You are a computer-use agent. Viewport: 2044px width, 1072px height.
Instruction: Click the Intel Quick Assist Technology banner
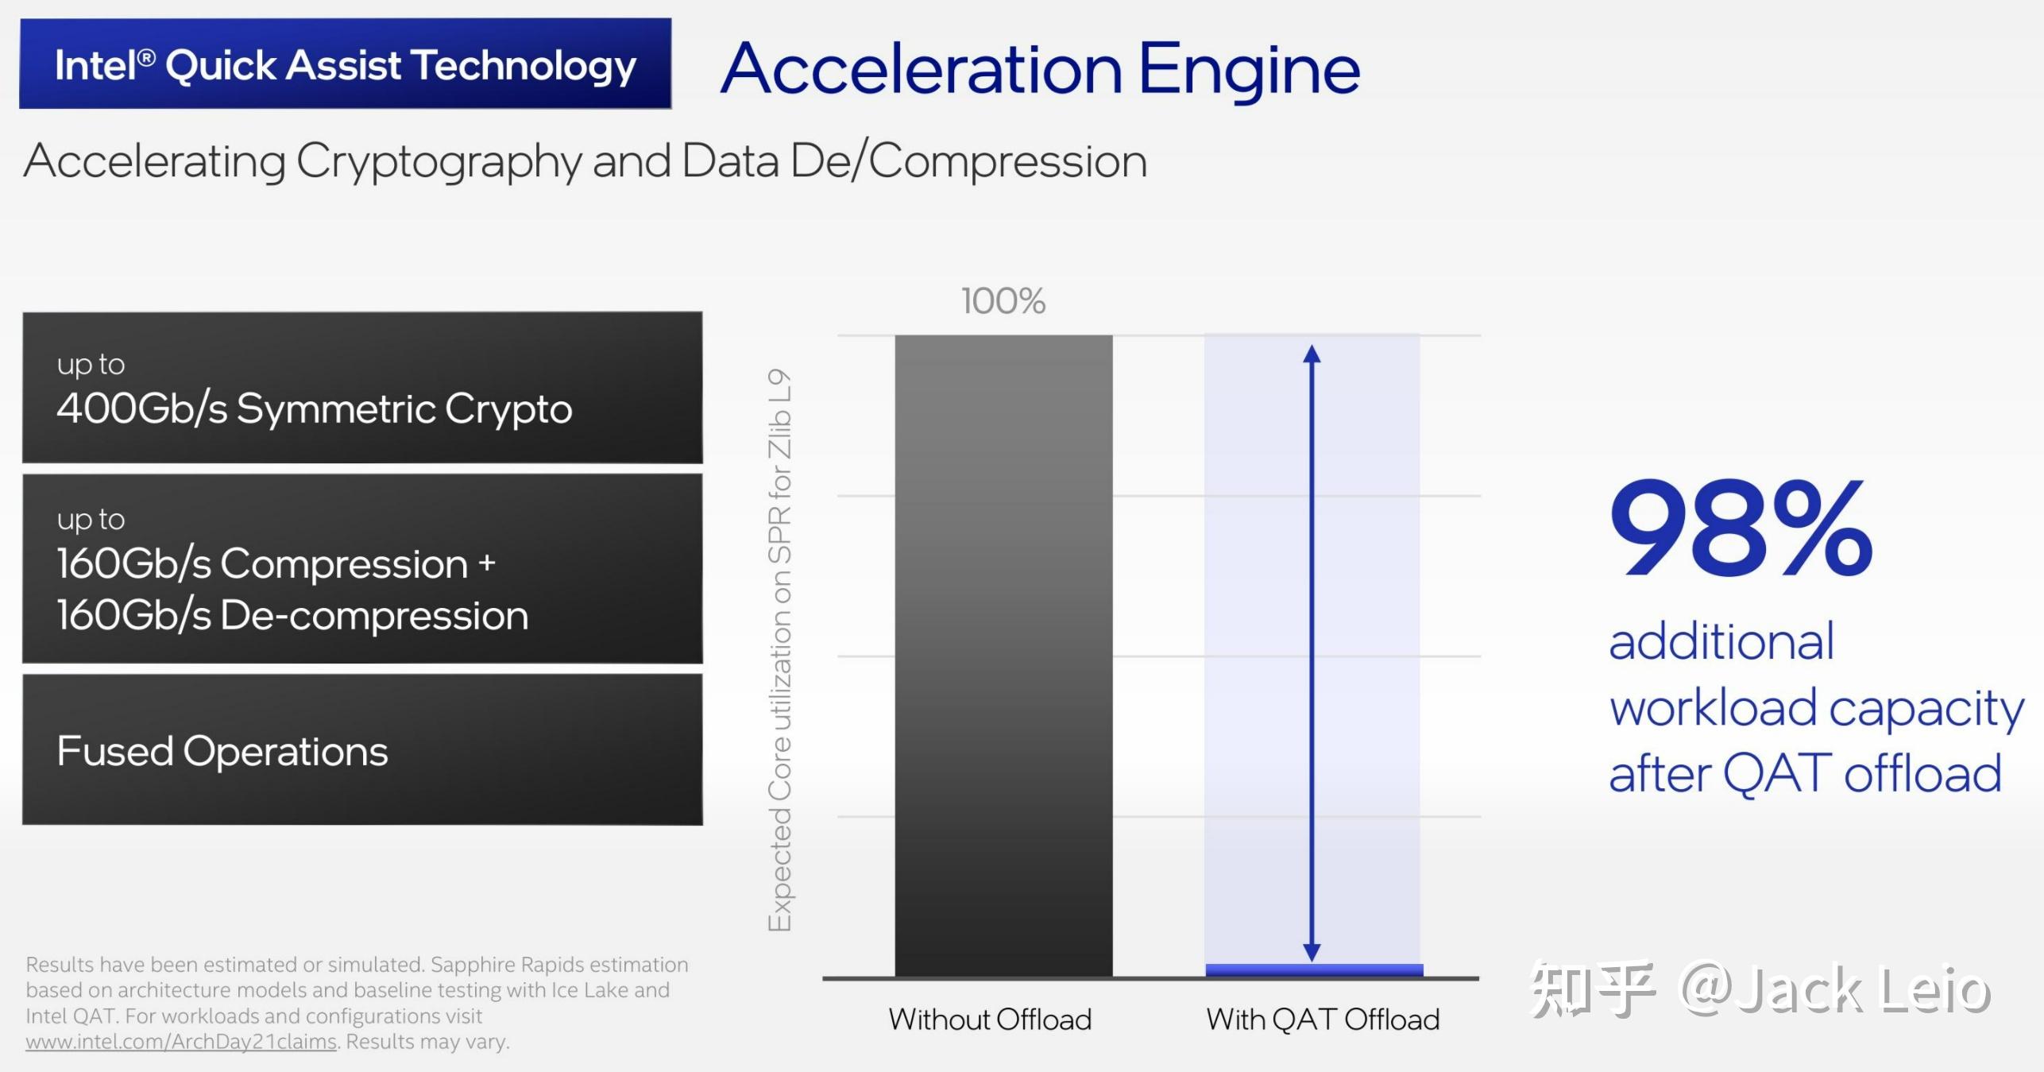tap(346, 64)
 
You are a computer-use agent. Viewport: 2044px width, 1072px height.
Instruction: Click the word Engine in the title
tap(1250, 72)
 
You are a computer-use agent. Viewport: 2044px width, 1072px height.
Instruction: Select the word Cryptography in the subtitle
tap(439, 161)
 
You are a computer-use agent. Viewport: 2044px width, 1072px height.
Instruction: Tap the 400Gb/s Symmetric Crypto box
tap(362, 387)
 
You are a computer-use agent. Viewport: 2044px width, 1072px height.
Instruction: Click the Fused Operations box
tap(362, 749)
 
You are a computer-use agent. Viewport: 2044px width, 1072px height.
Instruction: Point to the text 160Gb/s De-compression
tap(292, 615)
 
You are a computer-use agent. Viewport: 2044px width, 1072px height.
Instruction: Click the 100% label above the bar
tap(1003, 301)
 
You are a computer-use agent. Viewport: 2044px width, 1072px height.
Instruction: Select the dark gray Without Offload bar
tap(1003, 656)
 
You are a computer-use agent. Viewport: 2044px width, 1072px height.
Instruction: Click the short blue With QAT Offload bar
tap(1314, 970)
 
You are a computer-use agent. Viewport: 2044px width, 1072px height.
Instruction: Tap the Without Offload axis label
tap(990, 1019)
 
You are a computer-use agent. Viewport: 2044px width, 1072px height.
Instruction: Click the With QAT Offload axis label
tap(1323, 1019)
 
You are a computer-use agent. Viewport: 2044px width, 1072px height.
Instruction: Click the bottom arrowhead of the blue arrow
tap(1312, 959)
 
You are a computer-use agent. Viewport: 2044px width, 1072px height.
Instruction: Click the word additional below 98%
tap(1721, 642)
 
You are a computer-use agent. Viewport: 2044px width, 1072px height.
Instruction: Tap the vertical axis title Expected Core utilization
tap(780, 649)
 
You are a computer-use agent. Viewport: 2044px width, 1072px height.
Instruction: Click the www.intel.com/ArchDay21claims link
tap(181, 1042)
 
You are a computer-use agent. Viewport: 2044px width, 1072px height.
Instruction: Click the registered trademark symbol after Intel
tap(146, 57)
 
